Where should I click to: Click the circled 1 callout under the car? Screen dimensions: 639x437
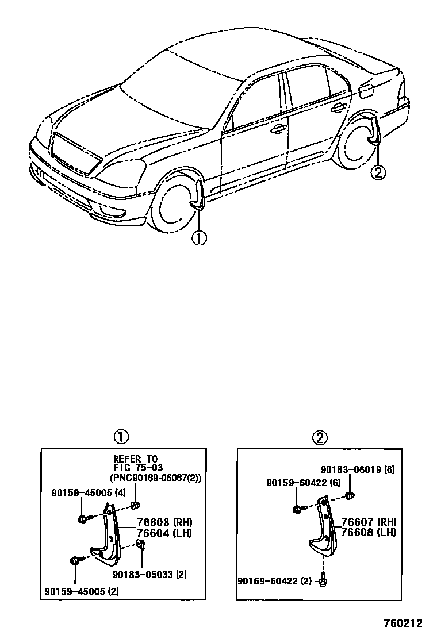coord(199,237)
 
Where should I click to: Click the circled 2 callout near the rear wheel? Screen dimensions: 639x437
coord(378,171)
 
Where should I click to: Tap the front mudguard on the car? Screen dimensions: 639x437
coord(197,195)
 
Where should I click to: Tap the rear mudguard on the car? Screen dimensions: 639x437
coord(375,133)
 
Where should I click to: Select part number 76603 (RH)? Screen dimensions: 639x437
coord(164,522)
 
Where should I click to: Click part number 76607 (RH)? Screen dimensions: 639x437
coord(369,522)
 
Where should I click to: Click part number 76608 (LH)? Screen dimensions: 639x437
coord(369,532)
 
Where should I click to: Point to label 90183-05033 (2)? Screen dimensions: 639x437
coord(149,574)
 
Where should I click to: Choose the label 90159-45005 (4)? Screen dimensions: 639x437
coord(80,492)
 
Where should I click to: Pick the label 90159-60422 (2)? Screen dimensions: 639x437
coord(274,581)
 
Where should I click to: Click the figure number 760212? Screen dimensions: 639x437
coord(404,623)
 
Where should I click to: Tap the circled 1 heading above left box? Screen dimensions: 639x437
coord(120,438)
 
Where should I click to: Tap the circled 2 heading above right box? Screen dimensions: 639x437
coord(320,438)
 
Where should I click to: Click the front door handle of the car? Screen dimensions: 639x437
coord(279,129)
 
